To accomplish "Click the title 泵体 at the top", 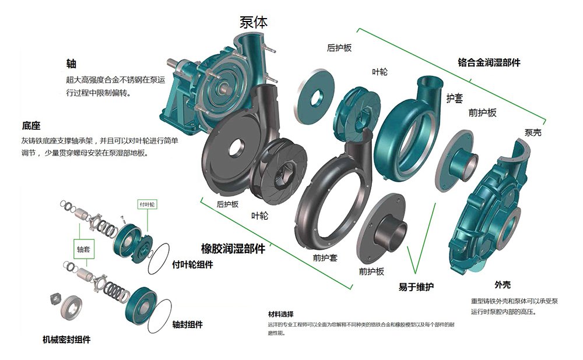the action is [x=253, y=22].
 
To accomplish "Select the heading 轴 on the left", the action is [x=71, y=63].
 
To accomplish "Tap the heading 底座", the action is [x=31, y=126].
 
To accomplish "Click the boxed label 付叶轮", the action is [x=147, y=204].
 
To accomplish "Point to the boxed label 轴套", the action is [x=83, y=249].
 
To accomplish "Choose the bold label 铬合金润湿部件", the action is [x=489, y=62].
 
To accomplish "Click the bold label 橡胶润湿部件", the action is [x=233, y=249].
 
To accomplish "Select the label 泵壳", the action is [x=533, y=132].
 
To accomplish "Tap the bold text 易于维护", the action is [x=416, y=287].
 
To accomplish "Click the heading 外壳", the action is [x=503, y=285].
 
